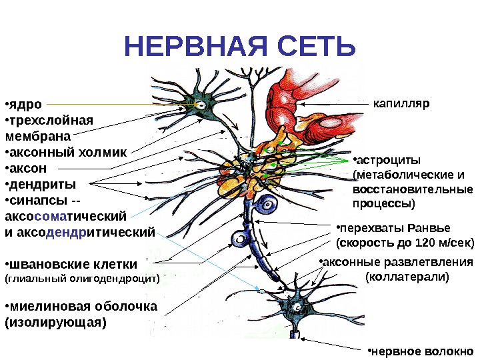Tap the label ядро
click(25, 105)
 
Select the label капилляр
click(402, 104)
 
